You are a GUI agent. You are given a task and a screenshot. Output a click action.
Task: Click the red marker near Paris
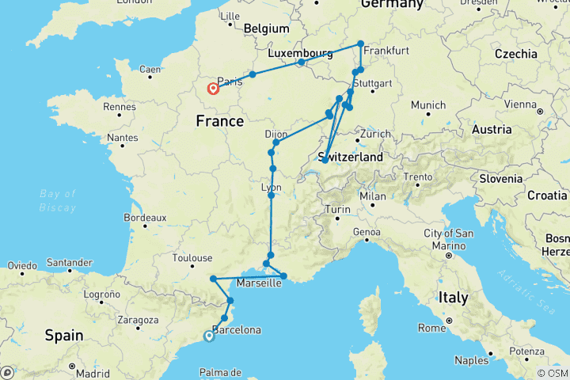coord(213,89)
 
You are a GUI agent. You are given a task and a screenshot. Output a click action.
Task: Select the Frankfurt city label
coord(388,50)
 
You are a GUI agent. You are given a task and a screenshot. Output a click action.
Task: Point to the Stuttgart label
coord(374,83)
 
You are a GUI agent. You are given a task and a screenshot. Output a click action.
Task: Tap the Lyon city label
coord(271,188)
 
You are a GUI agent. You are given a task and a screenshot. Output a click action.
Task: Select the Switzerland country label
coord(351,158)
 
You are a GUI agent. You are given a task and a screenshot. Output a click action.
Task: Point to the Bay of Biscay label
coord(58,201)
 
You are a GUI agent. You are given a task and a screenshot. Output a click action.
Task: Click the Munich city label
coord(428,105)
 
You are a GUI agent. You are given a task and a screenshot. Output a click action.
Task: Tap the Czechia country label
coord(515,54)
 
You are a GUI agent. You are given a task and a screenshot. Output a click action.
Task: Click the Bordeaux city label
coord(144,217)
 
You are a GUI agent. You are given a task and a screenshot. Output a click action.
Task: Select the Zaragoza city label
coord(137,321)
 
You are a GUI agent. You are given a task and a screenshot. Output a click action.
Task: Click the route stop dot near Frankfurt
coord(360,44)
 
